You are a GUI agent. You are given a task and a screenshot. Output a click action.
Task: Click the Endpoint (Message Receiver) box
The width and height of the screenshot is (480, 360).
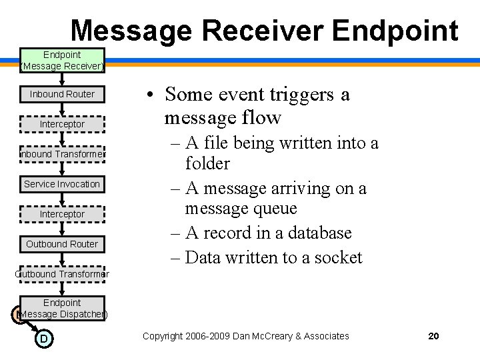[62, 60]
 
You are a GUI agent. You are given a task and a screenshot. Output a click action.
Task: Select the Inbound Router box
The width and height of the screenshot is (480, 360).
[62, 94]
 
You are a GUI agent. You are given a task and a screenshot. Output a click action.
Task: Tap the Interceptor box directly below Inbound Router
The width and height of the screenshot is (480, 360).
[62, 124]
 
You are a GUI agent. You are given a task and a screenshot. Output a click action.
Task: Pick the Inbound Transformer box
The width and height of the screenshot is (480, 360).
[62, 154]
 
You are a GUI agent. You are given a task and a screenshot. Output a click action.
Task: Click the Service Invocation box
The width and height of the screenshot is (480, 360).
[62, 184]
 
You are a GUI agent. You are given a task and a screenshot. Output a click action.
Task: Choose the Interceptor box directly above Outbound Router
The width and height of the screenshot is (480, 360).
[62, 214]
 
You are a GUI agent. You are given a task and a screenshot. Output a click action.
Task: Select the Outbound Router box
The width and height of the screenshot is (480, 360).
[62, 244]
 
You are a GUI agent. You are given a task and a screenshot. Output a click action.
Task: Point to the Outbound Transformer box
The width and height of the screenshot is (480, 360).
[62, 274]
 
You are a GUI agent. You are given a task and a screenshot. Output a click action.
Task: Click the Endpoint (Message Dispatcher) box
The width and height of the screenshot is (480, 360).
[62, 308]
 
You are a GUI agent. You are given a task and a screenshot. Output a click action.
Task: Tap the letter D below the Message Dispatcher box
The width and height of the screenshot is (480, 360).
[43, 339]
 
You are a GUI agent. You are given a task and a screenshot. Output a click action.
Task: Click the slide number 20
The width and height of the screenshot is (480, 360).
[433, 336]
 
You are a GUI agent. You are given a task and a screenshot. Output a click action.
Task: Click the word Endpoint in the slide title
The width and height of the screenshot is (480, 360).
[395, 31]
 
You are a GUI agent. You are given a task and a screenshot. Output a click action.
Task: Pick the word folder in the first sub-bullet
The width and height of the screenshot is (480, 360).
[207, 163]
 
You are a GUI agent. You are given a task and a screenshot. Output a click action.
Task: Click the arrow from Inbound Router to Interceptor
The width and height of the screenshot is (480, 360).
[62, 109]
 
